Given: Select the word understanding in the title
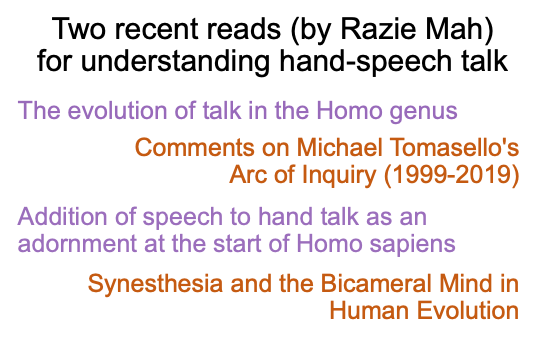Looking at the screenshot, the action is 175,61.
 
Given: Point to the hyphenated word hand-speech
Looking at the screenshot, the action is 365,61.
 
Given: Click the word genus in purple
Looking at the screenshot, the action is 423,112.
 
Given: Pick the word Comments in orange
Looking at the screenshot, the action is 195,147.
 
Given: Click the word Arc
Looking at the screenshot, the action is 248,174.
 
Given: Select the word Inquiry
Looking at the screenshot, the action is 339,176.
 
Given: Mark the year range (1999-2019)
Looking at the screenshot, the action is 451,176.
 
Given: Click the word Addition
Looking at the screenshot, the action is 63,216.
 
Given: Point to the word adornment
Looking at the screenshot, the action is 77,244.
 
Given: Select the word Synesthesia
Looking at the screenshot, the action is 155,285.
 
